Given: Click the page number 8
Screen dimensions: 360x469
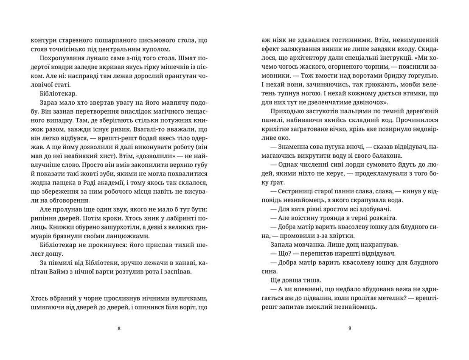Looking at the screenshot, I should coord(119,328).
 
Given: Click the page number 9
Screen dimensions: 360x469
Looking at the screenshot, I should coord(349,328).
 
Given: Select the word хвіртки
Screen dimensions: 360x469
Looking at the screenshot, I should coord(343,236).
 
